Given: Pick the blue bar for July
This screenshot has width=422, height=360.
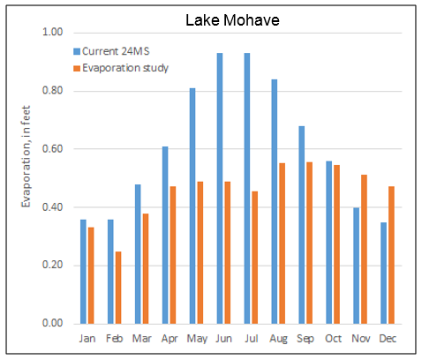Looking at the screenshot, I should pos(247,188).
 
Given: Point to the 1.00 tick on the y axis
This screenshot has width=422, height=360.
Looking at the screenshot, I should pos(53,33).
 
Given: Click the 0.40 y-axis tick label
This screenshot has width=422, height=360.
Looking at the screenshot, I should pos(53,207).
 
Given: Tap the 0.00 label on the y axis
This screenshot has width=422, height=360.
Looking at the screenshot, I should pos(53,323).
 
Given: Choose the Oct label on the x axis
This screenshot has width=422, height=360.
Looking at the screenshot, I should pos(334,337).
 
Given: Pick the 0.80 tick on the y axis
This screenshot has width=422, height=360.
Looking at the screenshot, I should pos(53,91).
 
